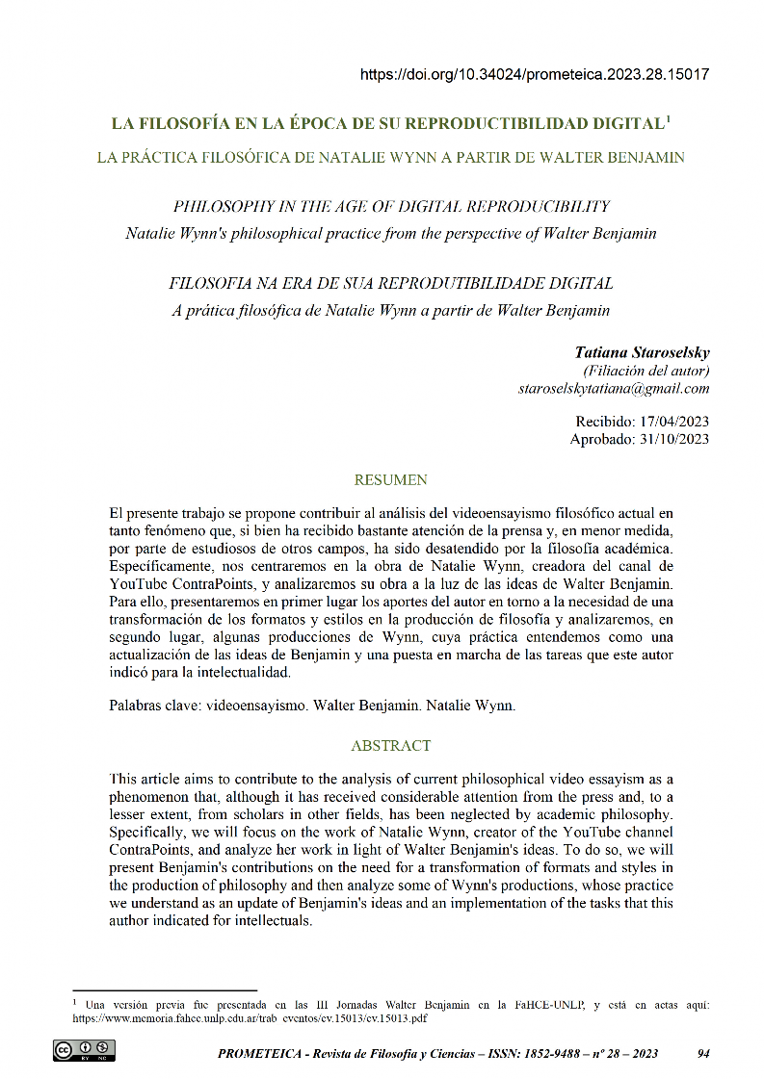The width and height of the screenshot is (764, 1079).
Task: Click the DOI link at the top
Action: (x=535, y=74)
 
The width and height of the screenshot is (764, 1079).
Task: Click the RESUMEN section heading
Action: (x=391, y=479)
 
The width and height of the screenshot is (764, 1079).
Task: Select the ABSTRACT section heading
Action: (x=391, y=745)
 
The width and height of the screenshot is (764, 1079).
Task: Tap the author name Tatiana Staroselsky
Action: (x=642, y=352)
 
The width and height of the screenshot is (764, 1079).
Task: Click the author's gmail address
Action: (x=614, y=389)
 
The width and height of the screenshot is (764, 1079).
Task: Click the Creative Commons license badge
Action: (x=85, y=1050)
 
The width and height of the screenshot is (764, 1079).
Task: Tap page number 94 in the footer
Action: (x=702, y=1054)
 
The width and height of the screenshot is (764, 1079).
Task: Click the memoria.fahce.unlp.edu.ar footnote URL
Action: (x=250, y=1017)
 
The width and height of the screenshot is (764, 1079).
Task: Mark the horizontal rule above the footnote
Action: (x=165, y=989)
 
